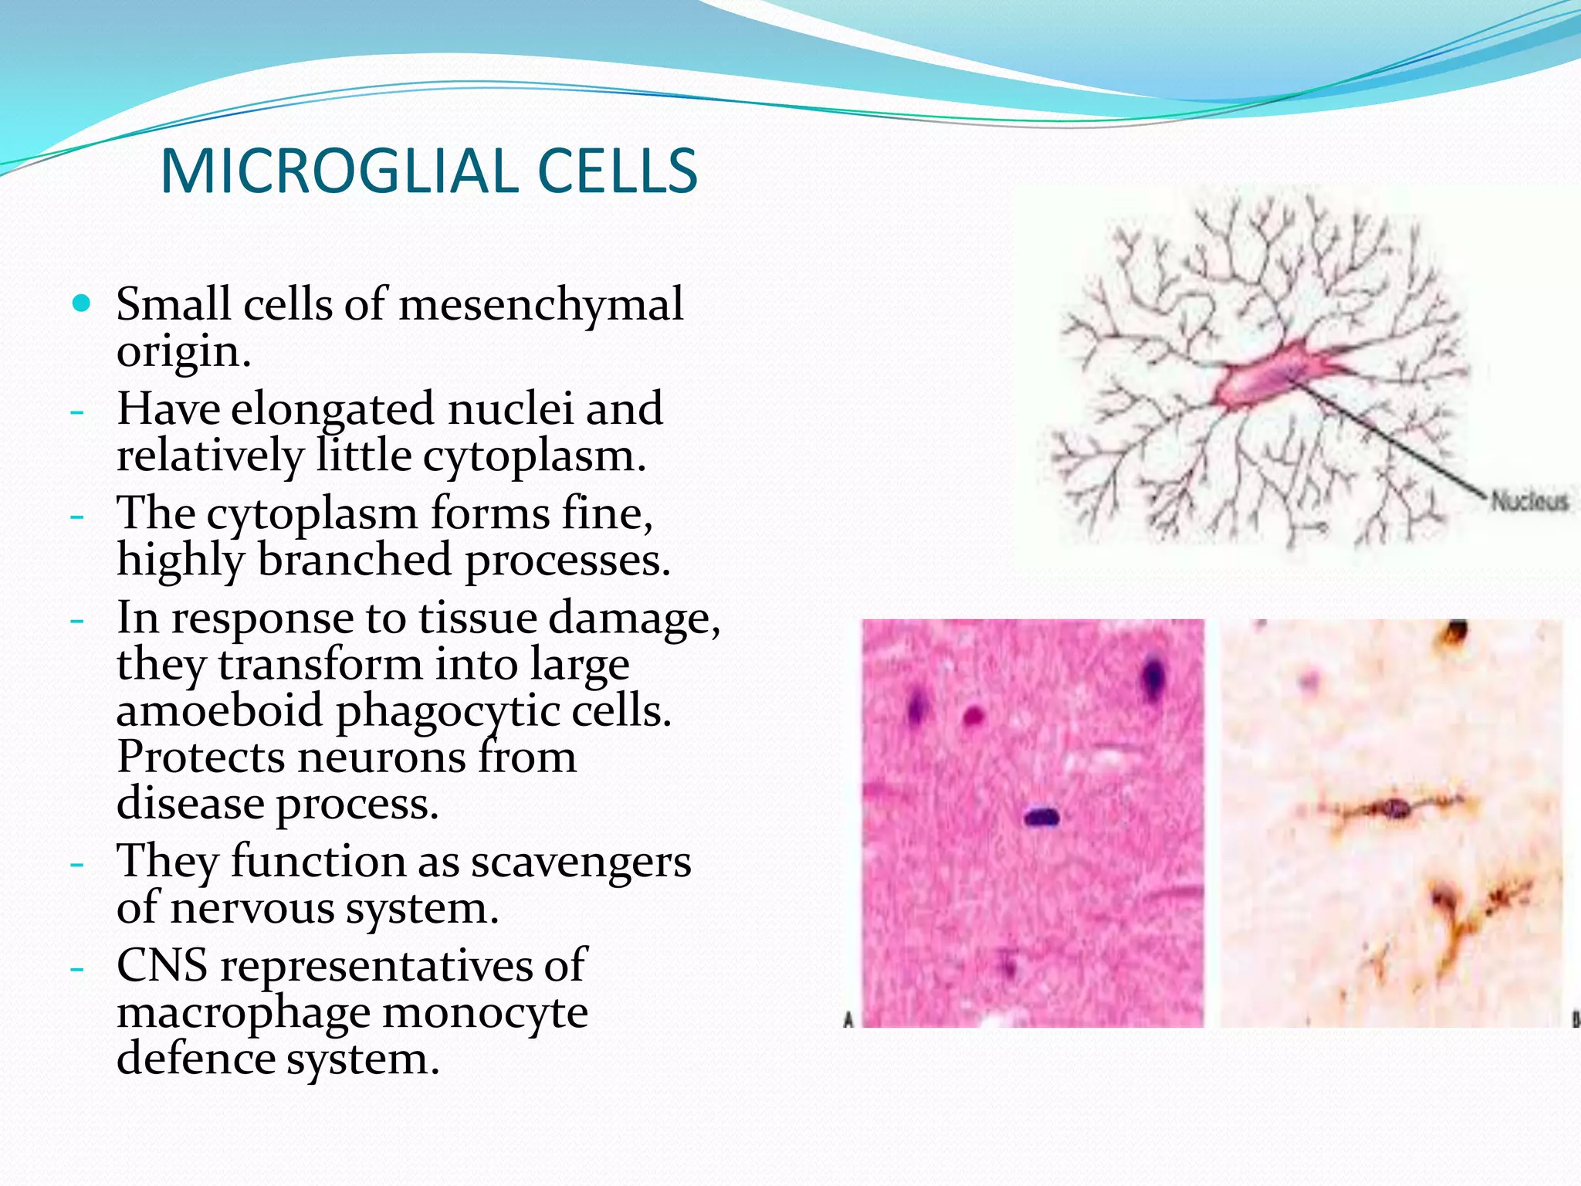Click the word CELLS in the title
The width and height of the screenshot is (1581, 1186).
(x=617, y=171)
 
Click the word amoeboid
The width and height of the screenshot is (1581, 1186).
(x=219, y=710)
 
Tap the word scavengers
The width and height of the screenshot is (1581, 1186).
(x=581, y=861)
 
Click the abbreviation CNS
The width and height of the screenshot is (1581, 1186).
(x=162, y=965)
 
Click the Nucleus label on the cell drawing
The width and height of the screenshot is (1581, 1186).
(x=1529, y=501)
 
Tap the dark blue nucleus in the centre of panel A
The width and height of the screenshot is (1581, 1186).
(x=1041, y=815)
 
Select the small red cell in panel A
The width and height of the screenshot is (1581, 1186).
(x=974, y=717)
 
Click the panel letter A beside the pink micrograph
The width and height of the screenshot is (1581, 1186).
(x=848, y=1021)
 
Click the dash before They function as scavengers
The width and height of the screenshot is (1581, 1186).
(x=76, y=863)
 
